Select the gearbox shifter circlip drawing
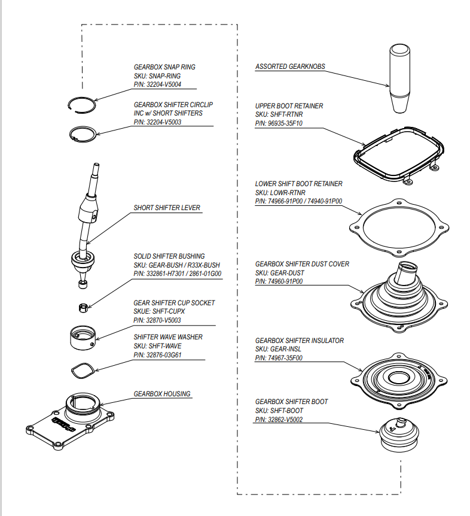83,133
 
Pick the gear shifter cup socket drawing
84,338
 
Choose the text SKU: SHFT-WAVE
157,346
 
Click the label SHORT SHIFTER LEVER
167,208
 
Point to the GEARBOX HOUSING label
162,394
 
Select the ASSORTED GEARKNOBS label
290,66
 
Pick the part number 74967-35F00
279,358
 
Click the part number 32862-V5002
279,420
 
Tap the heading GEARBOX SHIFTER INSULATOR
300,340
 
